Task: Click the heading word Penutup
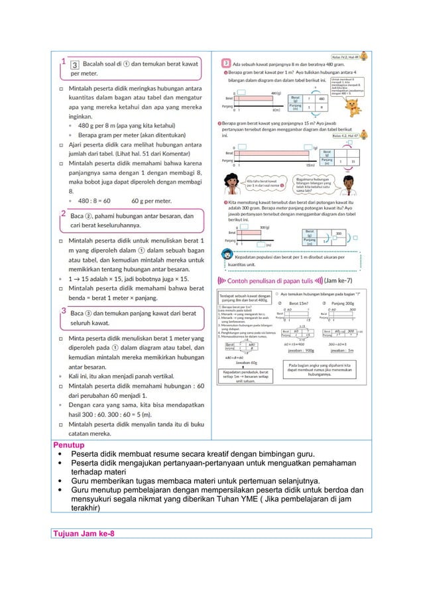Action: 68,445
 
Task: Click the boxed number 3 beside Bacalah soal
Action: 76,64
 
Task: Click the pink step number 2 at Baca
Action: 63,215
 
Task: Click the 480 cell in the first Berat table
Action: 320,98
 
